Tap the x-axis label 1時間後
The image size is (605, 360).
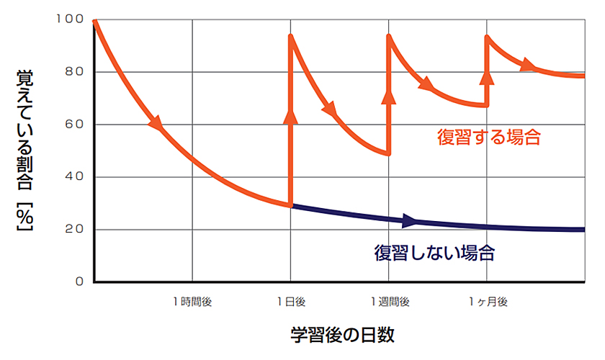coord(192,302)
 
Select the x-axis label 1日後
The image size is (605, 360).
coord(291,302)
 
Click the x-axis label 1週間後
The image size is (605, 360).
coord(390,302)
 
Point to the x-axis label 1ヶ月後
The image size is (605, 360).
coord(488,302)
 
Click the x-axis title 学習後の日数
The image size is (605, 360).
coord(343,336)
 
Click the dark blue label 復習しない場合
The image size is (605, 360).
coord(434,253)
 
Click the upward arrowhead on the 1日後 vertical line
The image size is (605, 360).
coord(291,117)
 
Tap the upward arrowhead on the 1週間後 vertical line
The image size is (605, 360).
coord(389,95)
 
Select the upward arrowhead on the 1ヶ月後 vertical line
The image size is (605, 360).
coord(488,78)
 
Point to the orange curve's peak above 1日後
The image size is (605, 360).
coord(291,35)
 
